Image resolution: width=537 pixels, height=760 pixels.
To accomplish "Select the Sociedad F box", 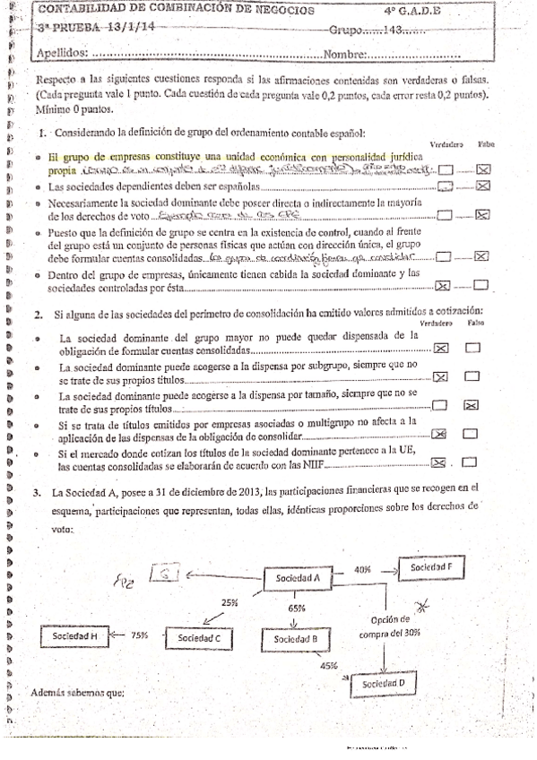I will (432, 568).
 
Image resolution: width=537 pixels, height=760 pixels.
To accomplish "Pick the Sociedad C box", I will (199, 637).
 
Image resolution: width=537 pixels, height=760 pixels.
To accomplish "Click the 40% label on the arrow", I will (362, 569).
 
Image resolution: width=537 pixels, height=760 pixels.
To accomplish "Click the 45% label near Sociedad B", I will (327, 666).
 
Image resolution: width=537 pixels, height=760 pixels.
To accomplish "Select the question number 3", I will (38, 492).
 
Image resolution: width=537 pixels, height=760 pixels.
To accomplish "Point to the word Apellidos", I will (61, 53).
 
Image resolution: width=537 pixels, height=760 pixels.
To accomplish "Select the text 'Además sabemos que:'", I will (76, 693).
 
